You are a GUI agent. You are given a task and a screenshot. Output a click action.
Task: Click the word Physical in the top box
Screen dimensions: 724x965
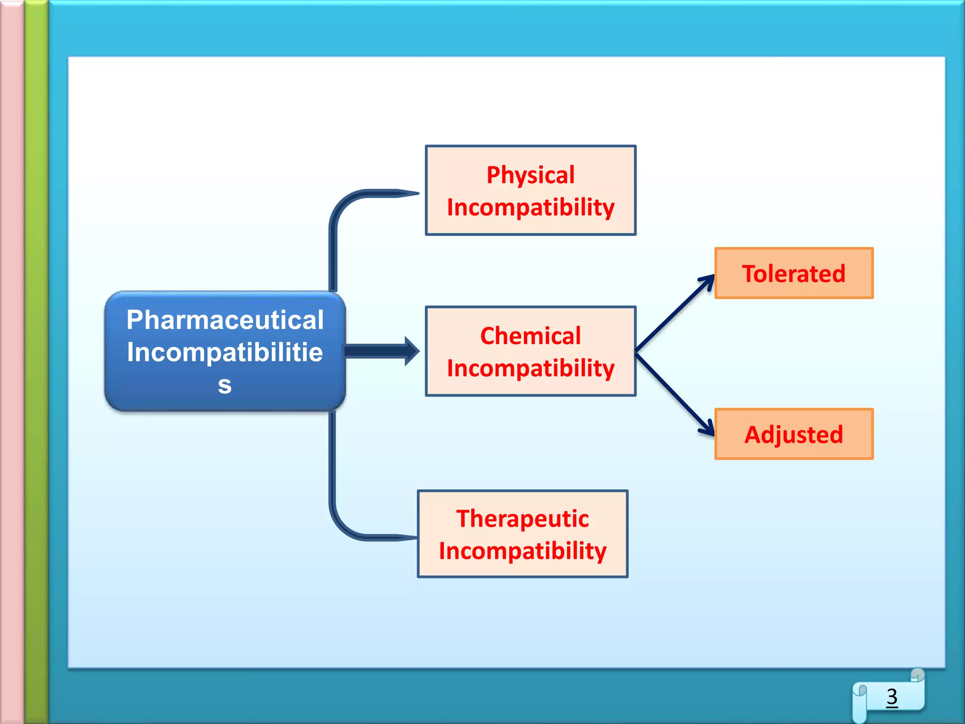point(530,175)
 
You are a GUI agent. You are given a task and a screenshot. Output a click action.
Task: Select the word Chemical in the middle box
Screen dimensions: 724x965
point(530,336)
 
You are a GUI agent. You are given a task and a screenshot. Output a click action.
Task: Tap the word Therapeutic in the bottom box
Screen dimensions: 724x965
point(522,518)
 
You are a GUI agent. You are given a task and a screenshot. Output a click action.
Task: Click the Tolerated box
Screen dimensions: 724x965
point(793,273)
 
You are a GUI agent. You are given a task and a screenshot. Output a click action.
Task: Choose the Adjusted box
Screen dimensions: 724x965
point(793,434)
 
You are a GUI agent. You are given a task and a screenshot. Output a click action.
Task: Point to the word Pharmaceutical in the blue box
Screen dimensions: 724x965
point(225,320)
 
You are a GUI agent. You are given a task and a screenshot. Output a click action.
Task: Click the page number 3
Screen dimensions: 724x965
point(891,697)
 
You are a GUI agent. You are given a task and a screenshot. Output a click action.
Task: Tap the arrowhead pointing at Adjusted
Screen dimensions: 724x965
point(707,427)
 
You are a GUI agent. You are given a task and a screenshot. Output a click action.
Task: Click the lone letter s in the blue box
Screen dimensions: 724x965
point(225,385)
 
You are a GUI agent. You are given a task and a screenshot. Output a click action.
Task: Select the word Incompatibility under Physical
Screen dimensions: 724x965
point(530,207)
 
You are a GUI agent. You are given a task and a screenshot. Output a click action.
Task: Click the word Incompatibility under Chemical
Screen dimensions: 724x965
point(530,368)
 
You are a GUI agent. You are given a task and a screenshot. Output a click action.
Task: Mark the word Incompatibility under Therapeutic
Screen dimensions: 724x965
point(522,551)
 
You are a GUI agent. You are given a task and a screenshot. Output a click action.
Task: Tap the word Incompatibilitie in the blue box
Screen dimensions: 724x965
point(225,352)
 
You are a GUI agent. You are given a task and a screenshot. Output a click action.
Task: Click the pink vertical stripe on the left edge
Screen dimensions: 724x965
point(11,362)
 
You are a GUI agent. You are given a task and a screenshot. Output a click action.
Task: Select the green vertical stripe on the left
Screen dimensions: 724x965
point(36,362)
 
